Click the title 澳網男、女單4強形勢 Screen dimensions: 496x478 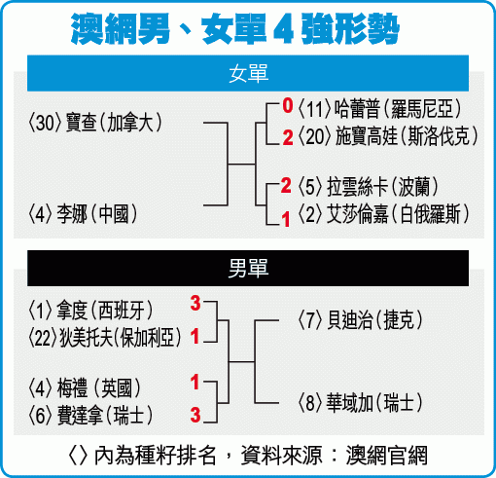[234, 29]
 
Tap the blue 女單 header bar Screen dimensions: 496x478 [248, 73]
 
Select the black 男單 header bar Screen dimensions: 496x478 [248, 268]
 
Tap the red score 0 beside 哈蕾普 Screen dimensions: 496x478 [288, 105]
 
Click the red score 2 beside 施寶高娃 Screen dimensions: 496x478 [288, 137]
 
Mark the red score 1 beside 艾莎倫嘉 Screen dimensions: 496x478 [286, 219]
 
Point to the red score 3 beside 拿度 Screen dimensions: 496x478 [195, 304]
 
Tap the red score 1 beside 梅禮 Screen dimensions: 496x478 [195, 382]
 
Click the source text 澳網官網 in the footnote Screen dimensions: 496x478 [387, 456]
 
